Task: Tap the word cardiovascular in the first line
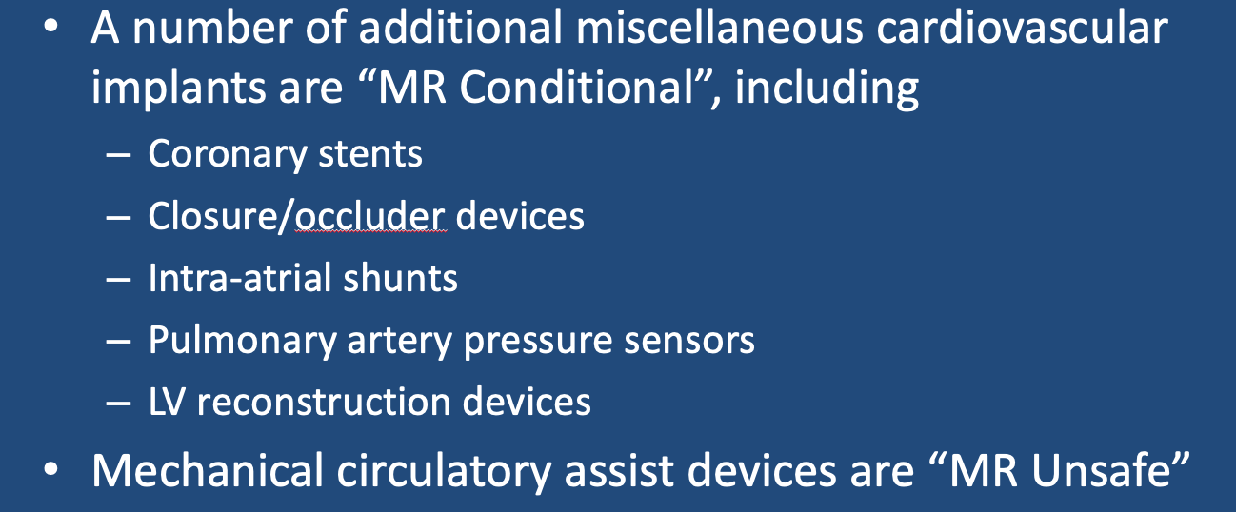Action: [x=1022, y=28]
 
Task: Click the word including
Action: [x=827, y=89]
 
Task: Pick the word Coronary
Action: [x=228, y=155]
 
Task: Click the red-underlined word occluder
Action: [x=369, y=215]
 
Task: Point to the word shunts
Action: [x=401, y=278]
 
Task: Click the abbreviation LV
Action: [x=167, y=402]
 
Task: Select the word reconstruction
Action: [x=324, y=403]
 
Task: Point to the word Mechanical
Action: [x=208, y=471]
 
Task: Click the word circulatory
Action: [x=445, y=472]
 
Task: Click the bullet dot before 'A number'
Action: [x=50, y=27]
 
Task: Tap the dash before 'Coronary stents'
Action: [x=118, y=155]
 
